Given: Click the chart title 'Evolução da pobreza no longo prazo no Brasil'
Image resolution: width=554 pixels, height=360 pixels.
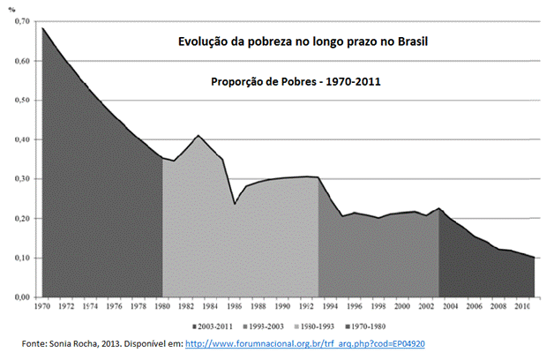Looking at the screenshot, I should [303, 42].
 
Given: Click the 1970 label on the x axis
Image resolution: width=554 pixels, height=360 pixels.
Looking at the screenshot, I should [42, 307].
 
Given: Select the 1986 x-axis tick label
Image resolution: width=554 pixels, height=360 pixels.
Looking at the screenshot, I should [234, 307].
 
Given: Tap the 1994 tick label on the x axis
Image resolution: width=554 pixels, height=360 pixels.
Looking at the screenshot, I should [329, 307].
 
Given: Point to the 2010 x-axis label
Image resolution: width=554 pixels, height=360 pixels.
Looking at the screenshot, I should [521, 307].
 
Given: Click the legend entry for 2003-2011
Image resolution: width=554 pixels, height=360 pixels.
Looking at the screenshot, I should [228, 326].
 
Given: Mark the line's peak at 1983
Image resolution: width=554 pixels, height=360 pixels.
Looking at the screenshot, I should [198, 136].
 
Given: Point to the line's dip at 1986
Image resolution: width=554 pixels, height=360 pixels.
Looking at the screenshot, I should [235, 204].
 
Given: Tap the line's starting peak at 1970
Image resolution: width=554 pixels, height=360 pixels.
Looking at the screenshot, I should [42, 28].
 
